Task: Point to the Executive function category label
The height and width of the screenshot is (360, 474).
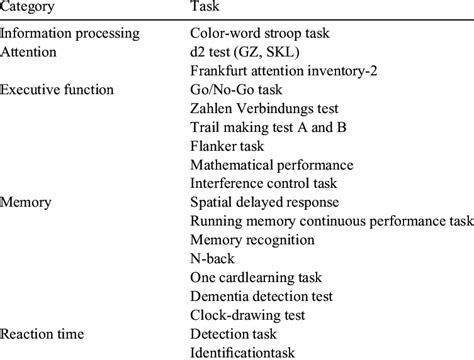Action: tap(57, 89)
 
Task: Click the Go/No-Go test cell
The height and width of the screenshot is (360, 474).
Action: tap(233, 89)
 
